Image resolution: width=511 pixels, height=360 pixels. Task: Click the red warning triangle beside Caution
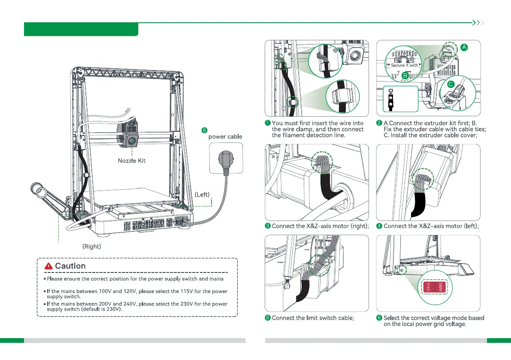point(48,266)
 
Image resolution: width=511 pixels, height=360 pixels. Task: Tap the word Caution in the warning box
point(70,266)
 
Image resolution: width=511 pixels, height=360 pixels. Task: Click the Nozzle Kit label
point(132,161)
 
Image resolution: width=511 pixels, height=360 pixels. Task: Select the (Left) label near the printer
point(202,194)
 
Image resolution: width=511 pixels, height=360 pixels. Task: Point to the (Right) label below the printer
point(91,247)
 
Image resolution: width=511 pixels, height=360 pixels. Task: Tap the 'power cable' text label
point(225,136)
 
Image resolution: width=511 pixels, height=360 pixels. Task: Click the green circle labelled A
point(465,48)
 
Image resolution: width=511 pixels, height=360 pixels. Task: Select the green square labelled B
point(405,75)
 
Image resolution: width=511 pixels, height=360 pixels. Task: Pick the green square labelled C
point(450,85)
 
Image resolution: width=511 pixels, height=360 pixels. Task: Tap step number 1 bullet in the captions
point(268,124)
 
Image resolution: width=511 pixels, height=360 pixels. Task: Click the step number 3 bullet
point(268,226)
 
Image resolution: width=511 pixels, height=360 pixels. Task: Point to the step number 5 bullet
point(268,318)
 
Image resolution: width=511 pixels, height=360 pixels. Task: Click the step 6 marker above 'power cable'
point(204,130)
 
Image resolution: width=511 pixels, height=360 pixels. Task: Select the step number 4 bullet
point(379,226)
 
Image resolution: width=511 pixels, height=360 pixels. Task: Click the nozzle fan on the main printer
point(132,140)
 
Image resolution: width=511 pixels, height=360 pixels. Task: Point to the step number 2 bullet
point(379,124)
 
